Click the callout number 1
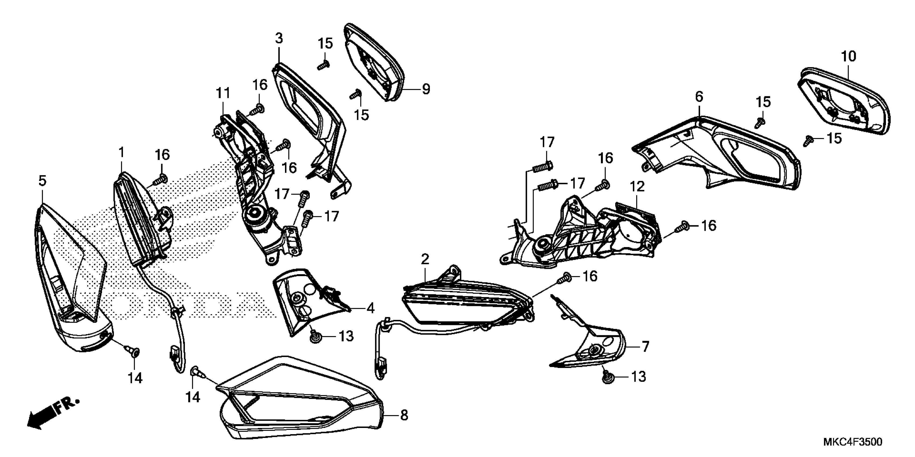tap(121, 153)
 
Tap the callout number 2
tap(425, 259)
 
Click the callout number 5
tap(42, 181)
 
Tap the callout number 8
tap(404, 415)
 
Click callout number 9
tap(426, 89)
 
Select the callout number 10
tap(849, 56)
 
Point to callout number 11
tap(223, 93)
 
